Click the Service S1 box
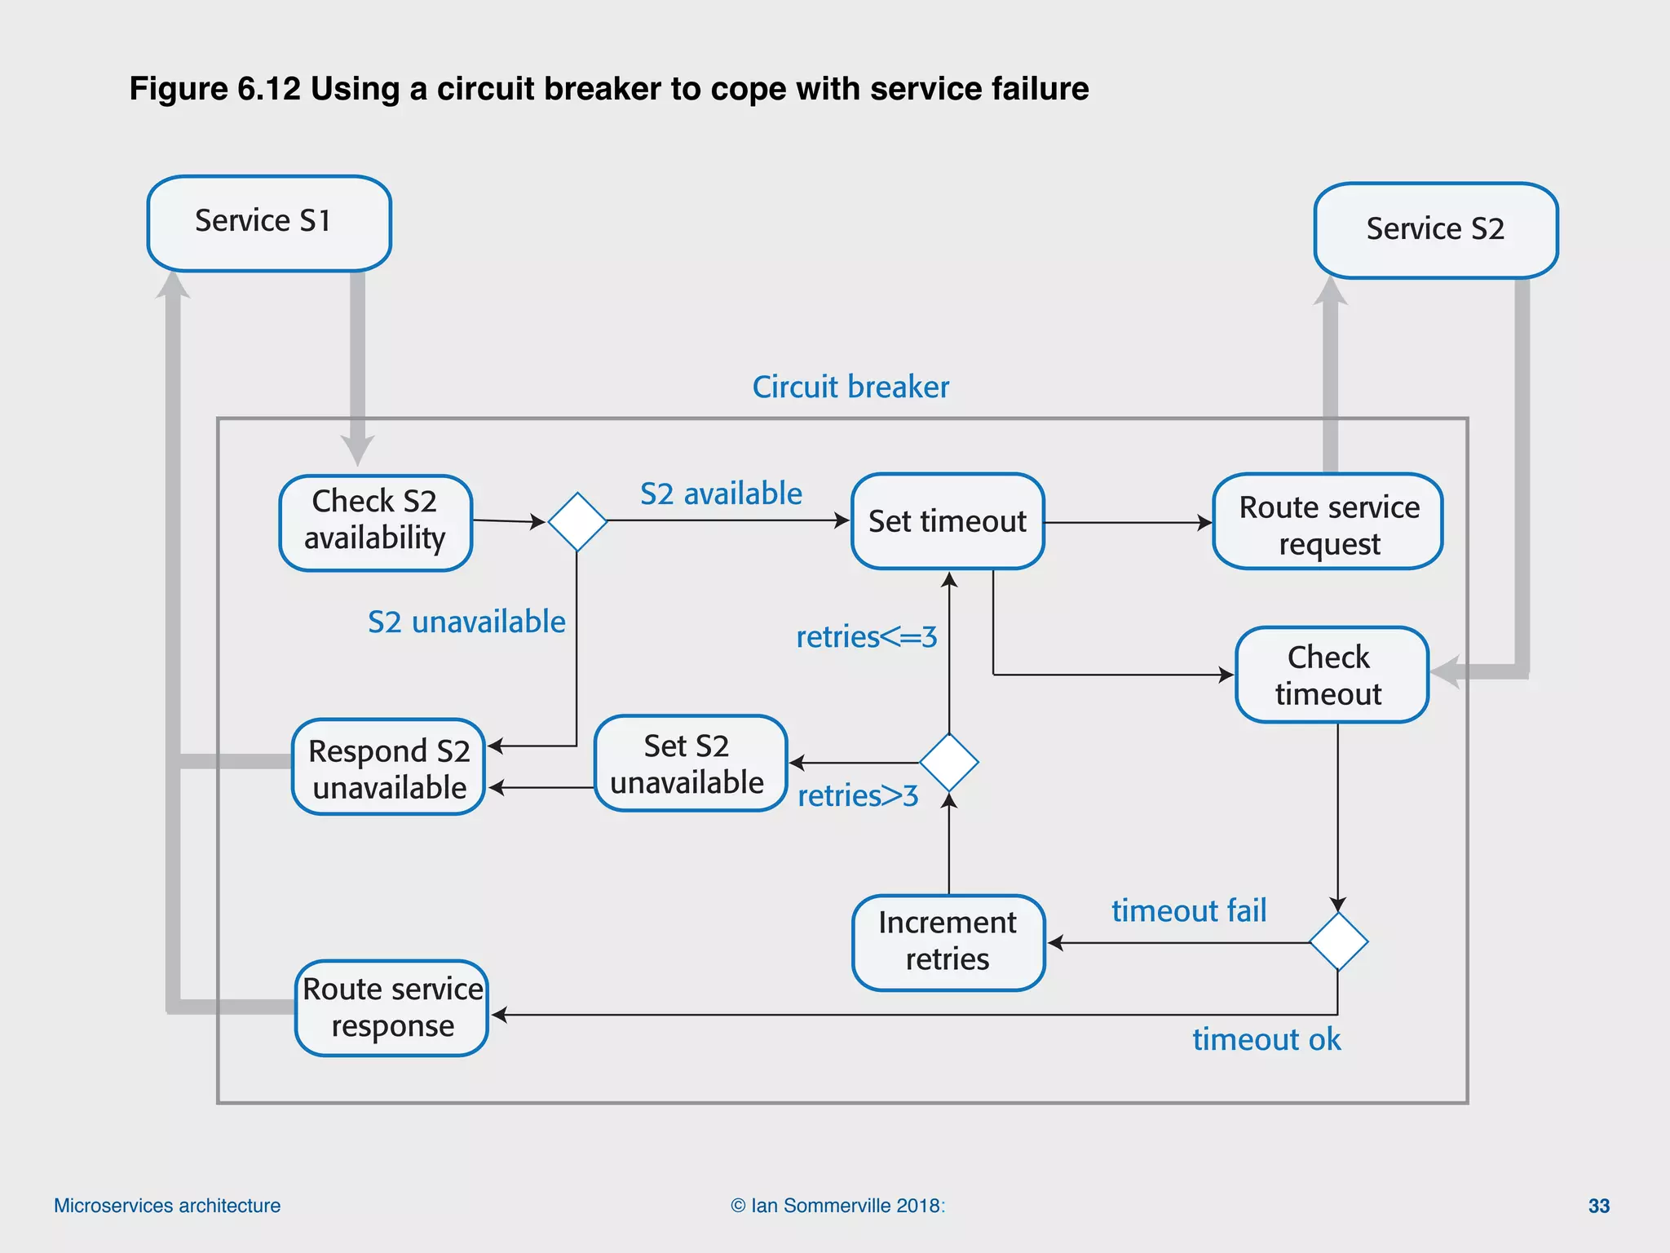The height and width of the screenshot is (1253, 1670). [269, 223]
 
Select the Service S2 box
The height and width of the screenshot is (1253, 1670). [1436, 230]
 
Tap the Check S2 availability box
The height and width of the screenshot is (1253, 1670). [375, 522]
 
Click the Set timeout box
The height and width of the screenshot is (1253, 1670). [948, 521]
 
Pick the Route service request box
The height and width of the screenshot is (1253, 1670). [1328, 522]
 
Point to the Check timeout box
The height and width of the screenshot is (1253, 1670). [1331, 675]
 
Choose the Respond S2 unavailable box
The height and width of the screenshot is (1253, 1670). [389, 767]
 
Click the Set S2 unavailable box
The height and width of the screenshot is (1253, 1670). [690, 764]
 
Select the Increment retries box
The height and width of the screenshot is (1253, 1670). [948, 942]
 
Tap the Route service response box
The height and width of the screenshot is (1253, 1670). [391, 1007]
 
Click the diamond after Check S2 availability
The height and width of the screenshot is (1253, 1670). [577, 521]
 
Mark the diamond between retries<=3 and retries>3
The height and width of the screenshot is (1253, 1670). [949, 762]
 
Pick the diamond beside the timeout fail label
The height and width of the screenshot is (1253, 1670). [1338, 941]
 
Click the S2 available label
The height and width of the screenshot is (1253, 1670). [721, 494]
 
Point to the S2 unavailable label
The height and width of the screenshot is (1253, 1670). [466, 622]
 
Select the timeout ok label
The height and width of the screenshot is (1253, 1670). [1266, 1039]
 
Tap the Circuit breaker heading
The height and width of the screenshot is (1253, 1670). [850, 387]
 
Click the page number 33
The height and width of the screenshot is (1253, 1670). [1598, 1206]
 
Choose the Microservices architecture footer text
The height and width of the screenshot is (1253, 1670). [167, 1206]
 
